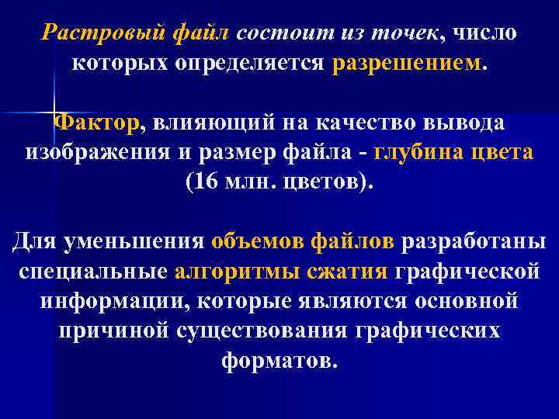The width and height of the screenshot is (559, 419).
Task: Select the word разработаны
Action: click(x=474, y=241)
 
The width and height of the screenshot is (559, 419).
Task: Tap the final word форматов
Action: click(x=279, y=360)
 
